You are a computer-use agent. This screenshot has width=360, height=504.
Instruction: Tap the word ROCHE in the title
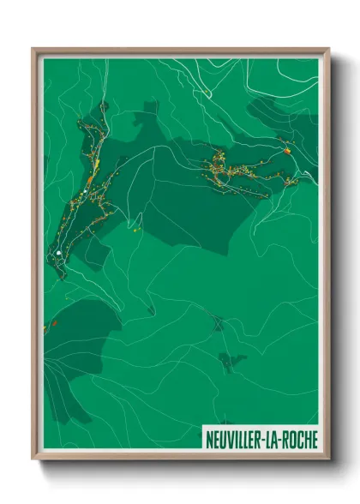[x=300, y=440]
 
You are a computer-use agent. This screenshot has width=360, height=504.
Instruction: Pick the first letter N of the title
[x=209, y=440]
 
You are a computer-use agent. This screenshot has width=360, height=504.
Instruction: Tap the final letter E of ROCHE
[x=314, y=440]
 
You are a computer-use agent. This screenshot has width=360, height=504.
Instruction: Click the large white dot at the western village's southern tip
[x=57, y=254]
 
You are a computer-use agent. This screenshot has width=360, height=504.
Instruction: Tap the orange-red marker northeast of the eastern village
[x=288, y=152]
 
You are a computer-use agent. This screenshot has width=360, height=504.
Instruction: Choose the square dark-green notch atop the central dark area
[x=151, y=108]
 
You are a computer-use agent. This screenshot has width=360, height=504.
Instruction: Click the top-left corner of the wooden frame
[x=33, y=49]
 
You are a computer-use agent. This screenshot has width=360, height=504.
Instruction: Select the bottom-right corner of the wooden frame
[x=329, y=460]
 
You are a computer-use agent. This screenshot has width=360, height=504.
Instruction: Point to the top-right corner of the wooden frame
[x=329, y=49]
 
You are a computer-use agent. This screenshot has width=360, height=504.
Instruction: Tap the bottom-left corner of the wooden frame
[x=33, y=460]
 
